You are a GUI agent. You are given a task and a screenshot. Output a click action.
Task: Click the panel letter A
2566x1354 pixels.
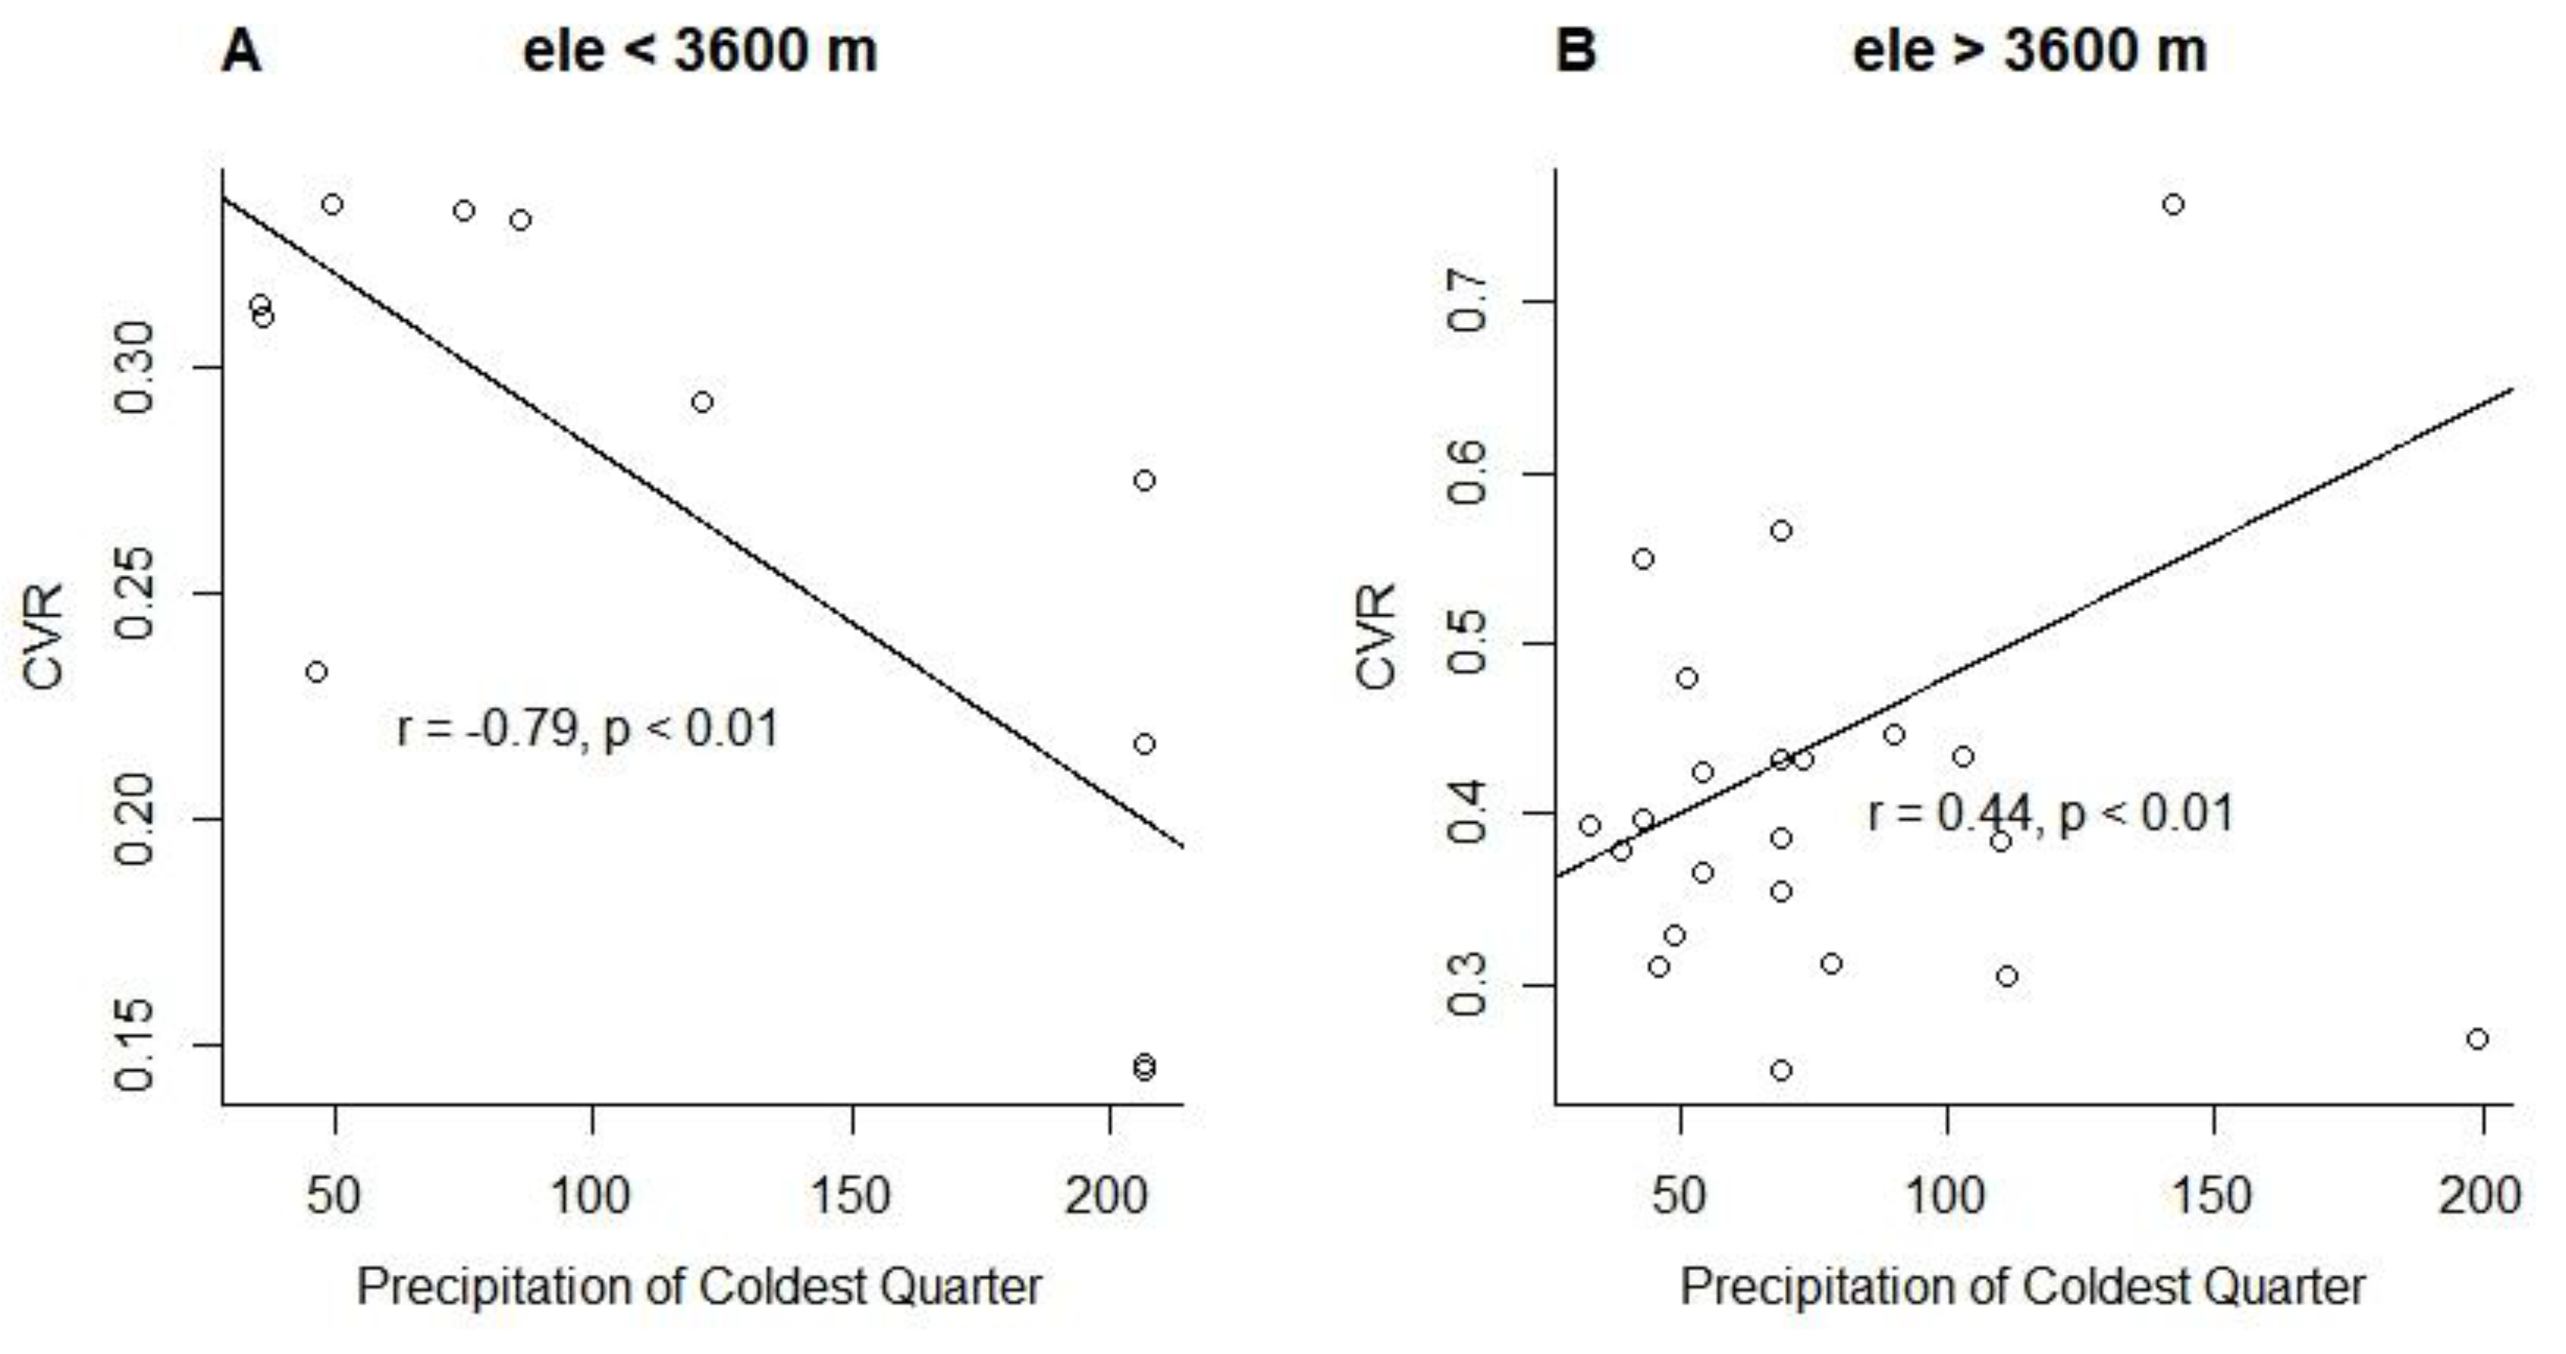coord(242,52)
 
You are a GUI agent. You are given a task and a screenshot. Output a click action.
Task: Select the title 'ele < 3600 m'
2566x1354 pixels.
coord(700,52)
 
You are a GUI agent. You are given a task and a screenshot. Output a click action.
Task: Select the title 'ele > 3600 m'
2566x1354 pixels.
coord(2030,52)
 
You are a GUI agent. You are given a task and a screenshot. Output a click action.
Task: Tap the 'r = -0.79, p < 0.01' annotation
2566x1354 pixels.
coord(588,728)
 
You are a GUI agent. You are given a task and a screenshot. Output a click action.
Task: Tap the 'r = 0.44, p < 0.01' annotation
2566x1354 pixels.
coord(2050,813)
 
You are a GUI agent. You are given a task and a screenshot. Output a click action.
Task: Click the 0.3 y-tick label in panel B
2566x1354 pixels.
coord(1468,985)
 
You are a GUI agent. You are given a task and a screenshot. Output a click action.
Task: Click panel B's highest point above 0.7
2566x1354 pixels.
coord(2173,204)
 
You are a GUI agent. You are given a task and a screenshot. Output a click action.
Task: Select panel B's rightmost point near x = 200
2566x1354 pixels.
coord(2478,1039)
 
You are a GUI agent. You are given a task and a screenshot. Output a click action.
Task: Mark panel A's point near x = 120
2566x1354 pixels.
coord(702,403)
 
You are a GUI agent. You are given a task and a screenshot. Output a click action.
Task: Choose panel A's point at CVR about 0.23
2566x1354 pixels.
coord(317,673)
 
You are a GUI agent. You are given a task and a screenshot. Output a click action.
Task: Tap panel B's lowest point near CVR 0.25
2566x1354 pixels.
coord(1781,1070)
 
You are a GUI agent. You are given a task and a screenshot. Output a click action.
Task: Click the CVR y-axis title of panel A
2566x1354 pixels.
coord(44,637)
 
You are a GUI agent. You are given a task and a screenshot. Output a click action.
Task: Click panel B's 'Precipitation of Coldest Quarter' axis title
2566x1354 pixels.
coord(2022,1286)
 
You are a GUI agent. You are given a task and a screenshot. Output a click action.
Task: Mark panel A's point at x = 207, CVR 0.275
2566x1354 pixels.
coord(1144,480)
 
